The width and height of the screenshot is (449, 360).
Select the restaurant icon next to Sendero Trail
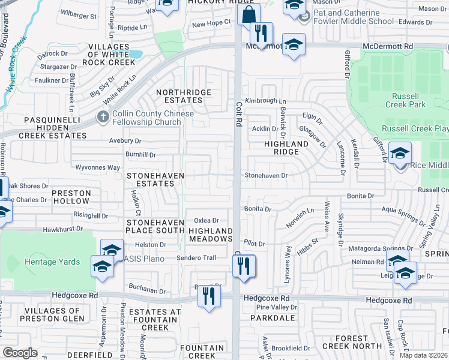coord(244,265)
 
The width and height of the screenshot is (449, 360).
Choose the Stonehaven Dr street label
coord(266,175)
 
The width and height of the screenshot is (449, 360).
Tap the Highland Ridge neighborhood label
coord(286,148)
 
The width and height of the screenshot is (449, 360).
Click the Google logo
coord(20,352)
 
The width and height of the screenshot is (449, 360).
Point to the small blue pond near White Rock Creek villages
coord(136,54)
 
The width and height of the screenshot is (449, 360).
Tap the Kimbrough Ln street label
coord(265,101)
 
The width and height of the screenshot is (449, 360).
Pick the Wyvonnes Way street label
coord(98,167)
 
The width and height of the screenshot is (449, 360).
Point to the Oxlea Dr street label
coord(206,221)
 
